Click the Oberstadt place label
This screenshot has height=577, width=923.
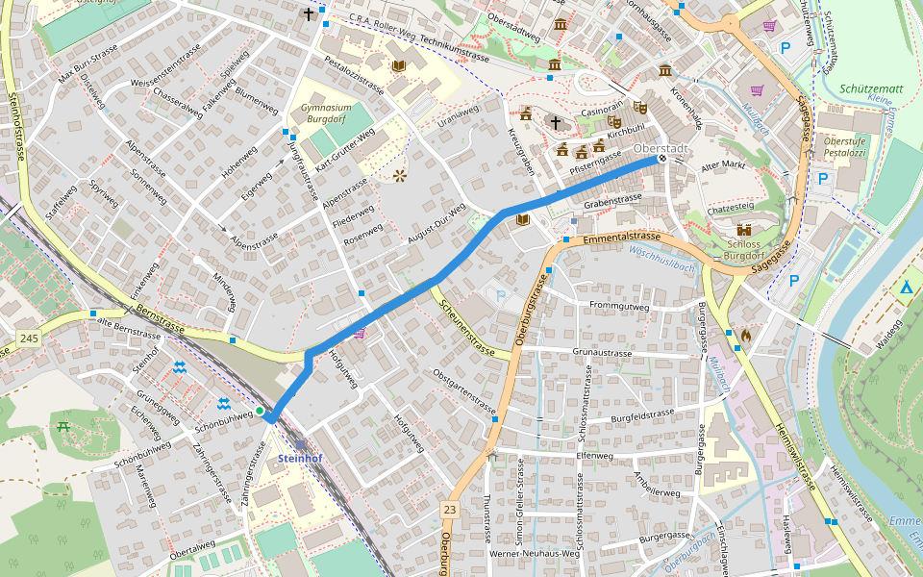point(661,149)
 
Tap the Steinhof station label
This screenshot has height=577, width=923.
point(300,459)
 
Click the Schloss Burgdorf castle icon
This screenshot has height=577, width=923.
point(743,230)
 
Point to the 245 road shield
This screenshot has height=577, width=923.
point(29,338)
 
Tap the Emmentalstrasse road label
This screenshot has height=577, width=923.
point(621,236)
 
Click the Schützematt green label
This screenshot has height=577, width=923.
point(870,88)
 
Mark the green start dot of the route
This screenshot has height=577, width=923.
point(259,412)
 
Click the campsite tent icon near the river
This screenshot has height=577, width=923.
point(906,288)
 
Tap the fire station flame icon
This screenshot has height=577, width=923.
point(745,337)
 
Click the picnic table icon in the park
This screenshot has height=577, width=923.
point(63,425)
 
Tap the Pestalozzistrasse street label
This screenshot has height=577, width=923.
point(354,76)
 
